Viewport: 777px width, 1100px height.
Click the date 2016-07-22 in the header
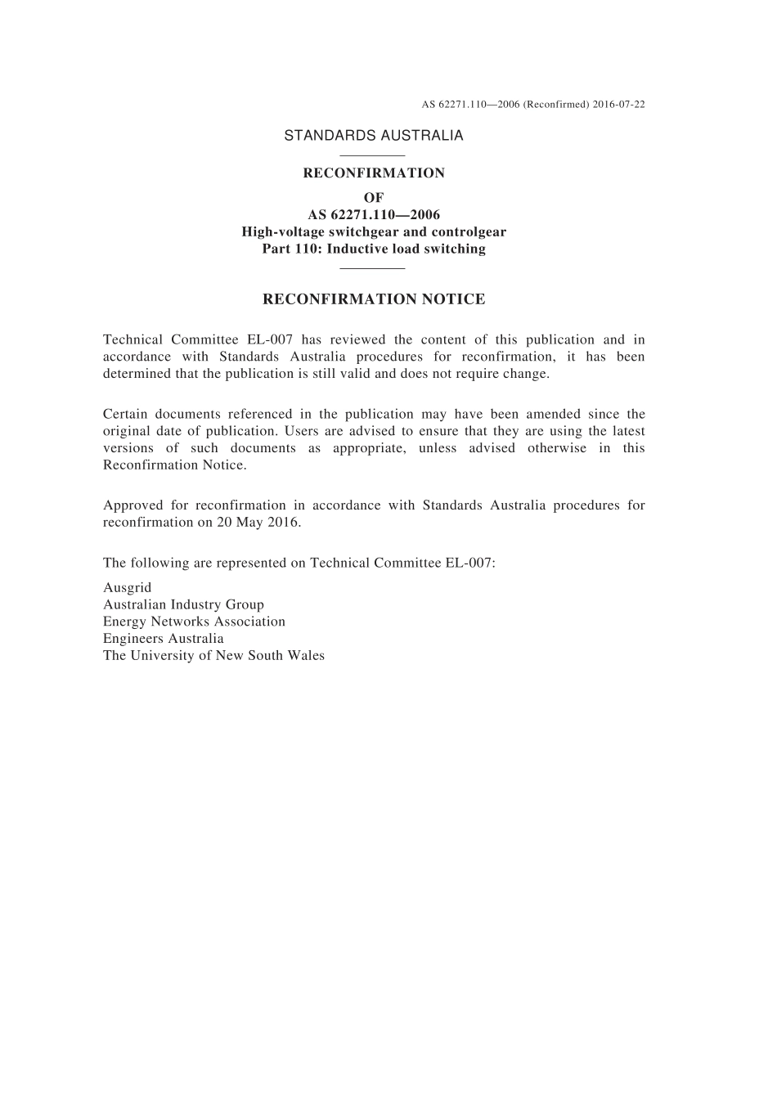(x=619, y=105)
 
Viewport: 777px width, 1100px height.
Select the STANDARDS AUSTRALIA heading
(x=374, y=136)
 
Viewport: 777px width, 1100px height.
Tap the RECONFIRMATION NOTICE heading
(x=374, y=299)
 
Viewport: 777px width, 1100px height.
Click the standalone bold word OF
(x=374, y=198)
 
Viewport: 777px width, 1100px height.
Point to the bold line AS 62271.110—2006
(x=374, y=215)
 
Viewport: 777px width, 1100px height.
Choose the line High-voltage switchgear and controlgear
(x=374, y=232)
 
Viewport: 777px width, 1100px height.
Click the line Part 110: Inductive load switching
(x=374, y=249)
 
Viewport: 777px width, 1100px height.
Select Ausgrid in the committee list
(x=128, y=588)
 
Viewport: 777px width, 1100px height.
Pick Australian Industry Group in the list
(x=183, y=605)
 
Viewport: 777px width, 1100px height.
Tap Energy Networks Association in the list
(x=194, y=622)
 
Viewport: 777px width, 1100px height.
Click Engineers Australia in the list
(x=163, y=639)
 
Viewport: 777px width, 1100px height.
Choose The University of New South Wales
(x=213, y=656)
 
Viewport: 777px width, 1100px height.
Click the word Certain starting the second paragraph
(x=124, y=415)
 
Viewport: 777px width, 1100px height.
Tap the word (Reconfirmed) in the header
(x=556, y=105)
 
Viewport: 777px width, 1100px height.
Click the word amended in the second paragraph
(x=553, y=415)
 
